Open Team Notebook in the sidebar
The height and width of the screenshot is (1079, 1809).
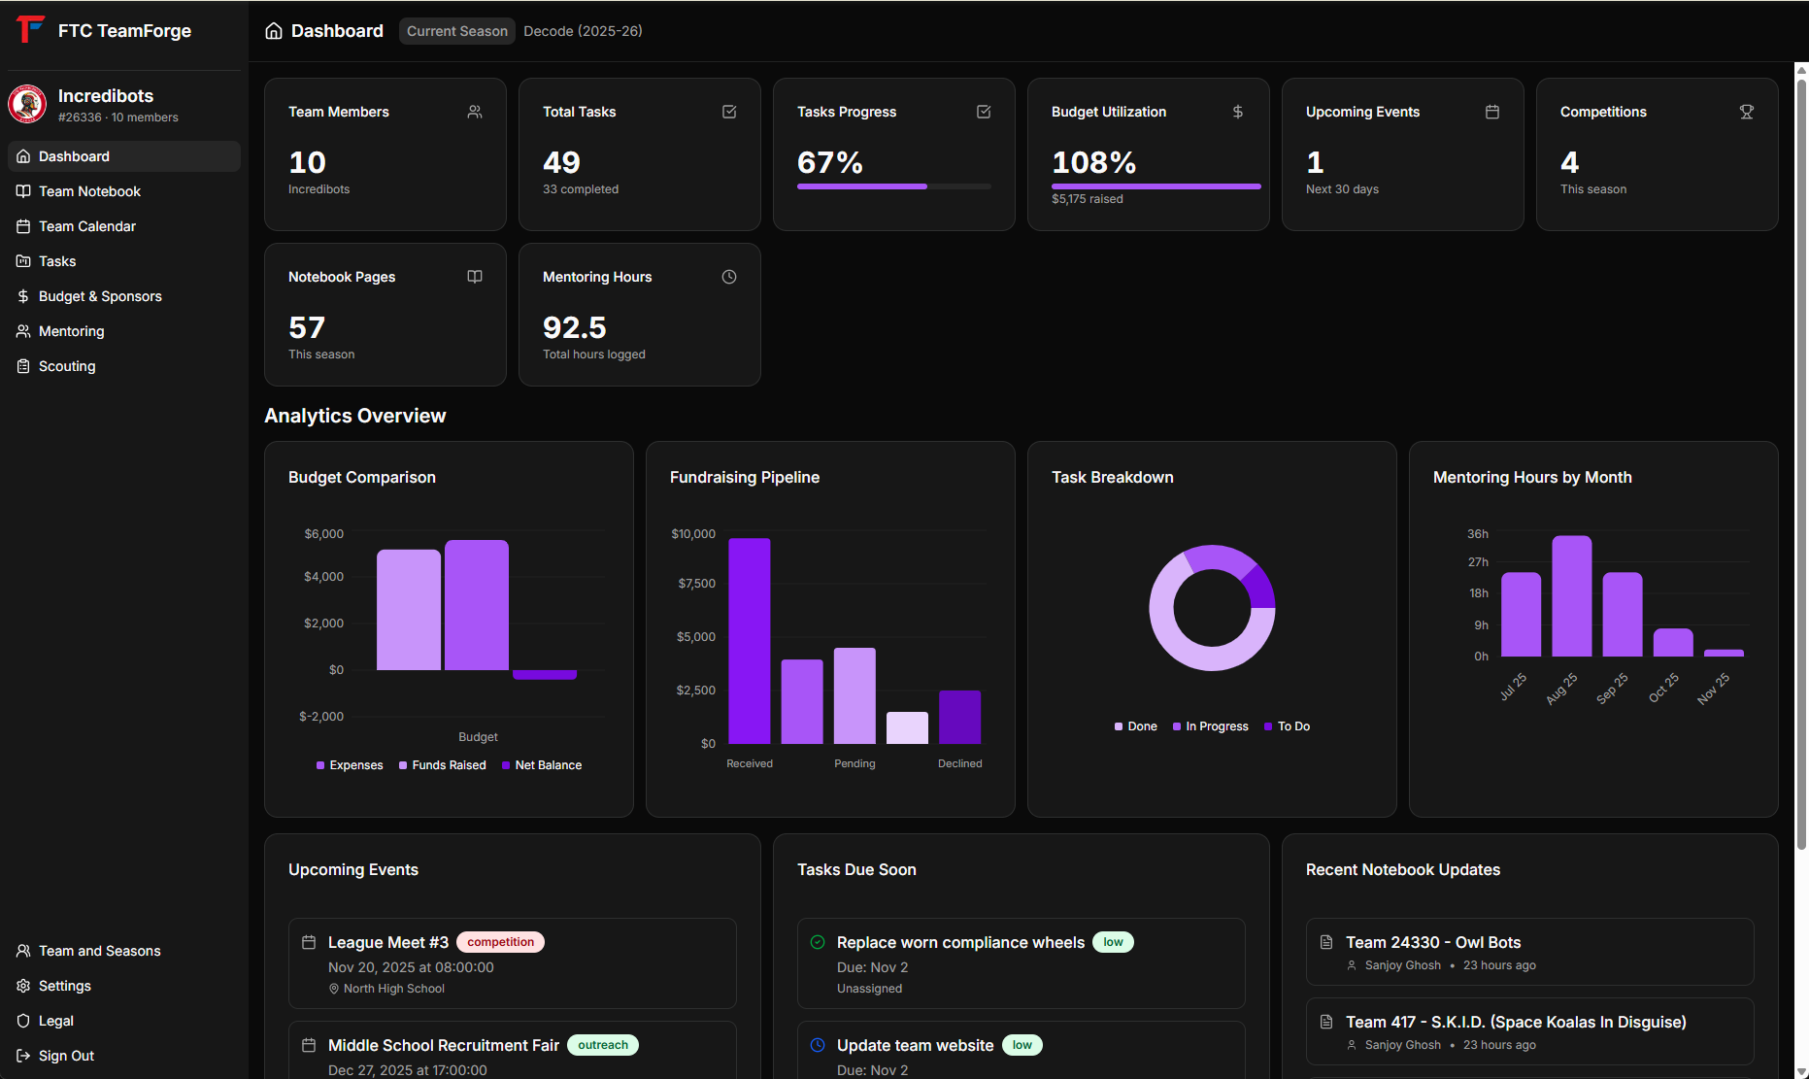[89, 191]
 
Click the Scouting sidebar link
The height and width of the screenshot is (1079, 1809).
[67, 366]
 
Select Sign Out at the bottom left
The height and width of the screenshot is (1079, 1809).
[66, 1056]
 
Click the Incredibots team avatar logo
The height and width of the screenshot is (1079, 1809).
[27, 104]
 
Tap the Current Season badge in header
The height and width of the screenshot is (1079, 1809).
[456, 31]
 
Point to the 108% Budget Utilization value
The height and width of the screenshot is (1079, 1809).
[1093, 162]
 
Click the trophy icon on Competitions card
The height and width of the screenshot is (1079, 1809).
[1746, 112]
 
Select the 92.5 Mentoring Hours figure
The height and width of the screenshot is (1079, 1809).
[574, 327]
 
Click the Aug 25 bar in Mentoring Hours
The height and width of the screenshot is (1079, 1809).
[1571, 595]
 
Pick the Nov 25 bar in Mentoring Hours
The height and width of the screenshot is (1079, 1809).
[1724, 653]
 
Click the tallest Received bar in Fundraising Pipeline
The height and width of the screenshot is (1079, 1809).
[749, 640]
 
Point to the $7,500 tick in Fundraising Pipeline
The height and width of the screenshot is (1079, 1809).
[696, 584]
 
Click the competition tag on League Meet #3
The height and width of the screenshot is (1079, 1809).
[500, 942]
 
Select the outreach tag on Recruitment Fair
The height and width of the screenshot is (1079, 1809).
[602, 1045]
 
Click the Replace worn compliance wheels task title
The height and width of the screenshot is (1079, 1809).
[959, 942]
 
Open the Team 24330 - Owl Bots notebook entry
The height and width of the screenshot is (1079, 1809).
[1432, 942]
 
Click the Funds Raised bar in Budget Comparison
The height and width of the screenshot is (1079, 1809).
[476, 605]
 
